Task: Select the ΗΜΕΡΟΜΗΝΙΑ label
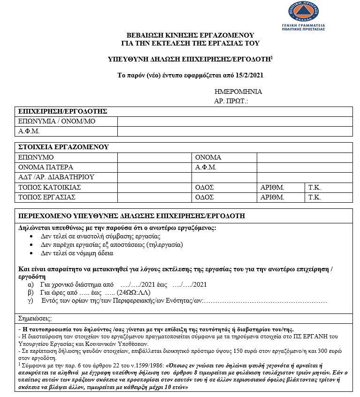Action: [x=238, y=92]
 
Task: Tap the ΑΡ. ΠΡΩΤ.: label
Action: [x=231, y=101]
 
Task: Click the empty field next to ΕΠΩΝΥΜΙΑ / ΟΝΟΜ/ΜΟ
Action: [x=235, y=121]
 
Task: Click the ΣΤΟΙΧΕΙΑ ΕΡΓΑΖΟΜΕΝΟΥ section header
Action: [x=63, y=147]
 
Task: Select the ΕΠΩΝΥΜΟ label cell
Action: [x=36, y=157]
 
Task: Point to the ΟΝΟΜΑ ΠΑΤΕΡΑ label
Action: [x=46, y=167]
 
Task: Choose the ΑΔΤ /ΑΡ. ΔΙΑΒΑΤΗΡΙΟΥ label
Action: [x=56, y=177]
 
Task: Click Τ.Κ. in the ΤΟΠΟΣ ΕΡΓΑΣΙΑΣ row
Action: [x=314, y=197]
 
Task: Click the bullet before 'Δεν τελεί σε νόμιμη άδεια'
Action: [x=32, y=253]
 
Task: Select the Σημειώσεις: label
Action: [x=34, y=318]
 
